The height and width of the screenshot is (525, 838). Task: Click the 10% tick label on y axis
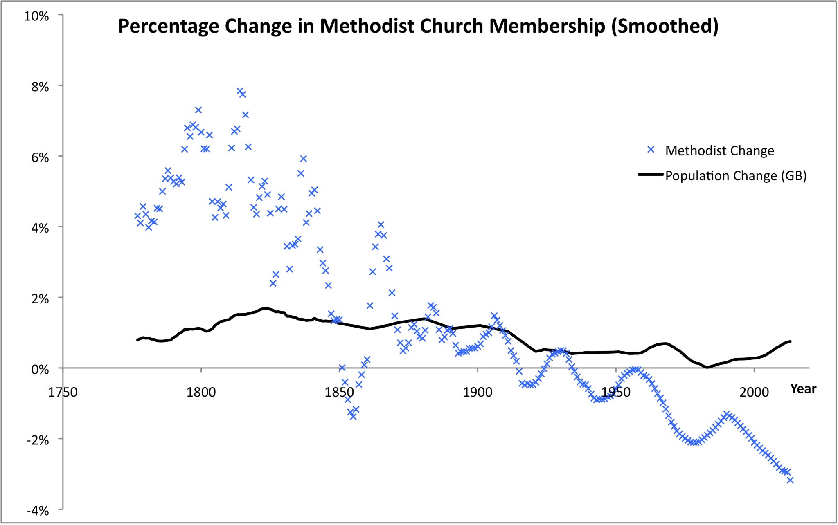pos(36,16)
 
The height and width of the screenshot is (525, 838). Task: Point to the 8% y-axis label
pos(40,87)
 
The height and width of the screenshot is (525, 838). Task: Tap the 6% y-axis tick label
pos(40,157)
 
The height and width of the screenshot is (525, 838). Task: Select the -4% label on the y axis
pos(38,511)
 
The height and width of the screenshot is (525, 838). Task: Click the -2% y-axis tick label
pos(38,440)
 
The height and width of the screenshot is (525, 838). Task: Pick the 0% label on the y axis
pos(40,369)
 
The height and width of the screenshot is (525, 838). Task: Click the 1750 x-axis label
pos(63,392)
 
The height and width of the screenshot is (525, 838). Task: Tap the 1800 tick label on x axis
pos(201,392)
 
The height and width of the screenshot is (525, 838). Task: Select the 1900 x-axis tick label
pos(478,392)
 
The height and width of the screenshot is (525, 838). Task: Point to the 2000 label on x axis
pos(754,392)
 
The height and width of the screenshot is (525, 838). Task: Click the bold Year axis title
pos(803,389)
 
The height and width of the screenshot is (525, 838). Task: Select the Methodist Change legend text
pos(719,151)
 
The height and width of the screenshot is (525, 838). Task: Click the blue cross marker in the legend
pos(651,150)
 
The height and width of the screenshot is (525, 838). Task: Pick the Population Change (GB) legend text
pos(736,176)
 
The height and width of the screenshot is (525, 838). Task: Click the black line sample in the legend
pos(651,175)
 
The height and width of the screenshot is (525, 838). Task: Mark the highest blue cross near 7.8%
pos(240,91)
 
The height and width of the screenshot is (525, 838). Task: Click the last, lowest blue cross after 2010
pos(790,480)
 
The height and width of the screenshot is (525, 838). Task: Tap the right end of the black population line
pos(790,341)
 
